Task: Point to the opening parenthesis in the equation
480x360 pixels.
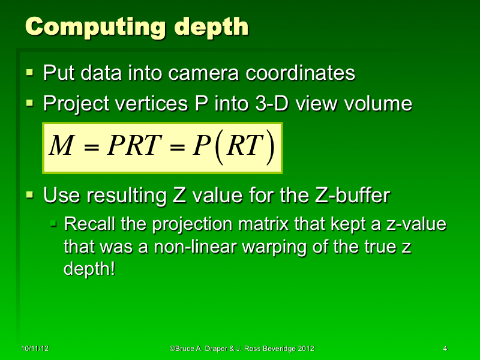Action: pos(220,147)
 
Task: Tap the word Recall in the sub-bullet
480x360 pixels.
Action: pos(88,225)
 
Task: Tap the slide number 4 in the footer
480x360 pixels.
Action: pos(445,349)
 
